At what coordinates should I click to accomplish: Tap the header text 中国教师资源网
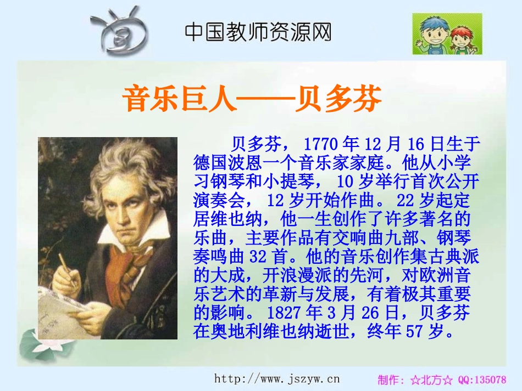pyautogui.click(x=258, y=31)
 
